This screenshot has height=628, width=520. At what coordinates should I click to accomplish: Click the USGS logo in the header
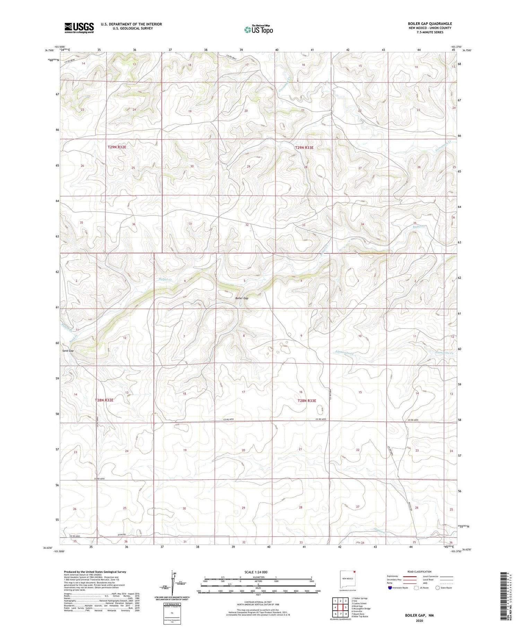79,28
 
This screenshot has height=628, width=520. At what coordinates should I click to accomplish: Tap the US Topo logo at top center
259,30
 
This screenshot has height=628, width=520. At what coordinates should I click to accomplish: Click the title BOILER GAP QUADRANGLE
430,24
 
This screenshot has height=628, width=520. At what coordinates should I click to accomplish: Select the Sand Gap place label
68,351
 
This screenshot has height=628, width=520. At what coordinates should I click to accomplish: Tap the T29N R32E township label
117,147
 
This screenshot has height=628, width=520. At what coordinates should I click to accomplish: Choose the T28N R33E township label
306,401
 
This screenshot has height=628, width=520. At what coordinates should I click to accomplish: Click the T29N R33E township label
304,148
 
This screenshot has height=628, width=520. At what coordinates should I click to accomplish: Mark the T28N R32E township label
104,400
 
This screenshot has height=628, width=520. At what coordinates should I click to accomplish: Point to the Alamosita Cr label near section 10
345,353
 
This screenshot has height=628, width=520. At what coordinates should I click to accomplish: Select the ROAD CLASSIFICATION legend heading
419,572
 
